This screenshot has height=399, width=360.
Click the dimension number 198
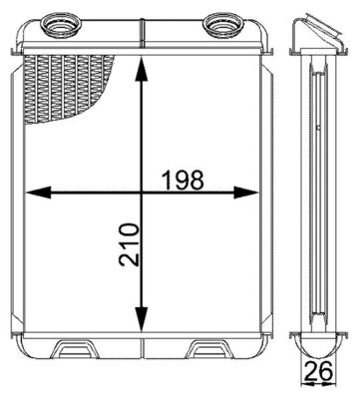[182, 180]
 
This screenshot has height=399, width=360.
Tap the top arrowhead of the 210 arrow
[145, 65]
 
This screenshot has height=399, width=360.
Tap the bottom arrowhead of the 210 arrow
[145, 328]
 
